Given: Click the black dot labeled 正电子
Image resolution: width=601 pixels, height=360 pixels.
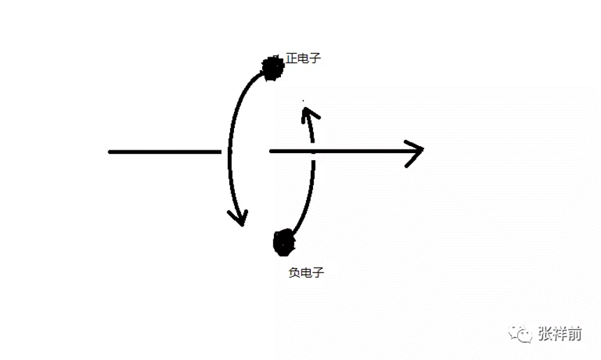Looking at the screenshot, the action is (x=271, y=66).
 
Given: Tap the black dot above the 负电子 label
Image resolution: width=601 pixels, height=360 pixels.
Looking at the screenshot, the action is (x=284, y=241).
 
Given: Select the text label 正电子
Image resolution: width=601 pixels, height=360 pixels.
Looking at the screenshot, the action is (x=303, y=59).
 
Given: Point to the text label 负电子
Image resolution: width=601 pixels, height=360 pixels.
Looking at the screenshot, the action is (x=306, y=273).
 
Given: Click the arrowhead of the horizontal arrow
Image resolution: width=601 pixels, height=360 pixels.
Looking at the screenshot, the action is (x=417, y=150).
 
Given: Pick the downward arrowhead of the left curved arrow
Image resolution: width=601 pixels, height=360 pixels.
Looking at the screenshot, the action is (x=240, y=217).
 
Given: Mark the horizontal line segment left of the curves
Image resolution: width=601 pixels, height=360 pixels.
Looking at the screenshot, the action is (x=164, y=151).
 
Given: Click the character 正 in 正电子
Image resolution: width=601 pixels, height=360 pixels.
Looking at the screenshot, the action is (x=291, y=59).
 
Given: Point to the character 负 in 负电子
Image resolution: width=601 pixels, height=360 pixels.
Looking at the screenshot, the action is (x=294, y=273).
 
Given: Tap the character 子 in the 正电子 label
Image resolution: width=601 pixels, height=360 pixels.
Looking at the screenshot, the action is (x=315, y=59).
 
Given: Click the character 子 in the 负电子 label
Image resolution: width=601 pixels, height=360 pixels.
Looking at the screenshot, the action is (x=318, y=273).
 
